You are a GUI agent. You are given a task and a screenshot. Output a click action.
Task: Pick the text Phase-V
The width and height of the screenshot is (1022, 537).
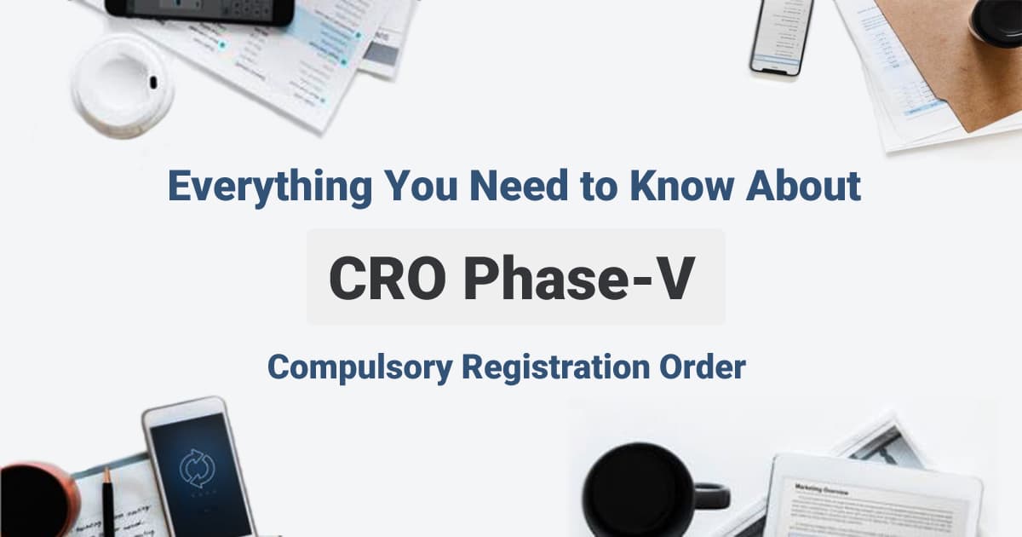click(x=579, y=277)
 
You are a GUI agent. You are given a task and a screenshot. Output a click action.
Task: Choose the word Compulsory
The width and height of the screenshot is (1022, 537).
click(x=359, y=367)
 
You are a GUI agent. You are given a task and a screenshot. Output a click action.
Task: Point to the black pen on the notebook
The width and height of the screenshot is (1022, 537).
click(x=108, y=503)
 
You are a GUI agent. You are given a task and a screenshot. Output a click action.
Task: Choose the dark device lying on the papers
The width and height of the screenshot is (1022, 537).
click(x=200, y=11)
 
